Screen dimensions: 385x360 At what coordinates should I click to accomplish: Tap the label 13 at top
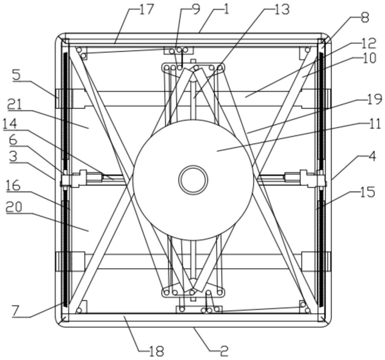click(282, 10)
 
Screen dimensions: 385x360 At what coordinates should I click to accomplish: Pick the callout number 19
click(375, 99)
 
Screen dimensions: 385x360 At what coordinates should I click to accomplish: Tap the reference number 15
click(368, 192)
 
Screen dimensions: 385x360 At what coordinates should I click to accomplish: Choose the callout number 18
click(157, 352)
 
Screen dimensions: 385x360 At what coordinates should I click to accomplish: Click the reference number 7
click(15, 312)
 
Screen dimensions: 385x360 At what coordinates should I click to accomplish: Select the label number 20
click(14, 207)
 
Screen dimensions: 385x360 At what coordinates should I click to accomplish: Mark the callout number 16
click(13, 186)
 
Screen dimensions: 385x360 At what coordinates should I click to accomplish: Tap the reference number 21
click(14, 105)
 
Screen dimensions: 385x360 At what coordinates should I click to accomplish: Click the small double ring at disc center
click(193, 180)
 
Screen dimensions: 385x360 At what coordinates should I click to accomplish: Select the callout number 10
click(369, 58)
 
